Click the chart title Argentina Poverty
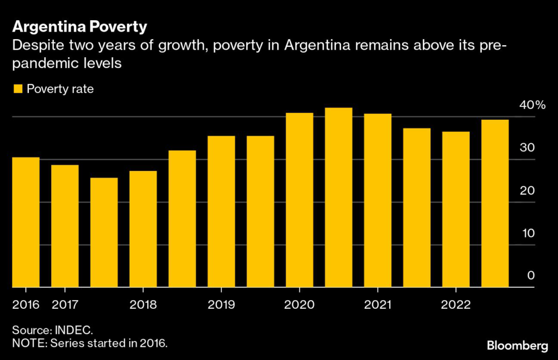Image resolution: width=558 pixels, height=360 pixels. click(80, 26)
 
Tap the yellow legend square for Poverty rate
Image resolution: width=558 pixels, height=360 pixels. click(18, 89)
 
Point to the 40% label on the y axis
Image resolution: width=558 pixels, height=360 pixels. click(531, 105)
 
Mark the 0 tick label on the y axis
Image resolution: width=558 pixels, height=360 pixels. click(530, 276)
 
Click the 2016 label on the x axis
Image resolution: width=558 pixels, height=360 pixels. click(26, 304)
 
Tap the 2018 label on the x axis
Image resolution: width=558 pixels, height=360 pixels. click(143, 304)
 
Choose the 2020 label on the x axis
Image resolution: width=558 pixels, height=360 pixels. click(300, 304)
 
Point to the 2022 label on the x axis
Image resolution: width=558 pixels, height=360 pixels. click(456, 304)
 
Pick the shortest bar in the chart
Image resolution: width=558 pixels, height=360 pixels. click(104, 233)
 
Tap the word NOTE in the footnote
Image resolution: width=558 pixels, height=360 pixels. click(26, 344)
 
